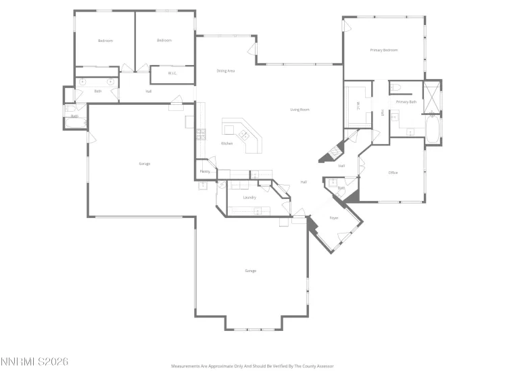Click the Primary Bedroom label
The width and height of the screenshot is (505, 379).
coord(383,50)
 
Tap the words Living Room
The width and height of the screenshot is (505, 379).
coord(299,109)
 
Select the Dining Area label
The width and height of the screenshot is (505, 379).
coord(225,70)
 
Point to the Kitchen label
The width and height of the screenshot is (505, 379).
coord(227,143)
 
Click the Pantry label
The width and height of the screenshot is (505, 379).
coord(205,172)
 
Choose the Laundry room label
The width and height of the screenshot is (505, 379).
coord(249,197)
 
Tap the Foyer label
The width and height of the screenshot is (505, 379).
coord(333,218)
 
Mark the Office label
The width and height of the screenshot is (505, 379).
coord(393,173)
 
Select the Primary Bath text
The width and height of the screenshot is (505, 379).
coord(406,102)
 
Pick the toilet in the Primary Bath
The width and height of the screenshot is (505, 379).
coord(397,87)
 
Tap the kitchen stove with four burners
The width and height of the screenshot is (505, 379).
coord(201,133)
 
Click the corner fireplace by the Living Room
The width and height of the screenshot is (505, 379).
coord(330,154)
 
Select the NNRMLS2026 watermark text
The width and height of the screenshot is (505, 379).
coord(34,362)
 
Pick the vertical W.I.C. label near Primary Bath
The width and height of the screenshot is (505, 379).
coord(358,106)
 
